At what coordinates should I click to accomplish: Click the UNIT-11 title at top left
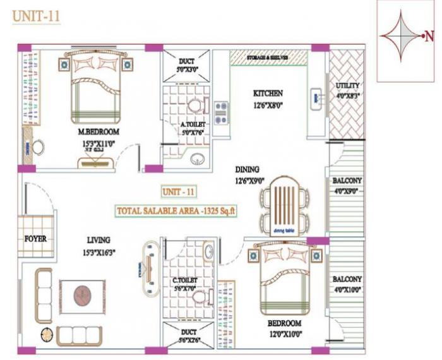point(36,16)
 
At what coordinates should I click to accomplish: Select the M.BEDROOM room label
point(98,132)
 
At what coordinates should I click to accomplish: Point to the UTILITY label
point(347,92)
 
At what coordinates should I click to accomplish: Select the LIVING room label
point(99,240)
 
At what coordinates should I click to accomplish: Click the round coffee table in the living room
point(81,295)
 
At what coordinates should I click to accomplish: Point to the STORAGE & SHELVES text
point(268,57)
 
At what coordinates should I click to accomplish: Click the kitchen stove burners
point(221,112)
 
